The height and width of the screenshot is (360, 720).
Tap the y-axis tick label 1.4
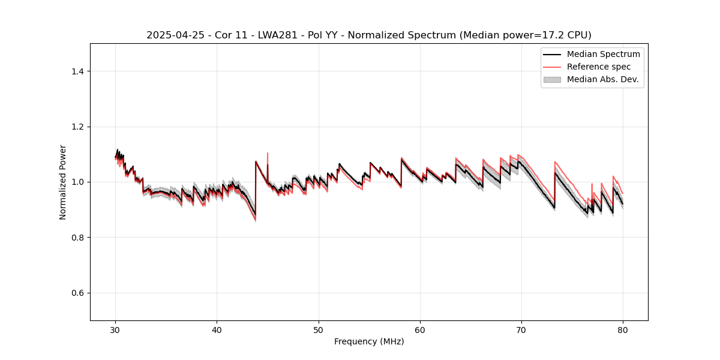[x=77, y=71]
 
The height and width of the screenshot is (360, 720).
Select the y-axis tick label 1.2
[x=77, y=127]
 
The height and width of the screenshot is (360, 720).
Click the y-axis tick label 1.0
[x=77, y=182]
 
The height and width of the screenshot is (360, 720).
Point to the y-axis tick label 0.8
[x=77, y=238]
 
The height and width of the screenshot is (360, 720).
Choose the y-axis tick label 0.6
[x=77, y=293]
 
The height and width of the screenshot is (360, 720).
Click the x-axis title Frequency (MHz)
[x=369, y=341]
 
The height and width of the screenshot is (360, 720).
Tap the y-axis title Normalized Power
[x=62, y=182]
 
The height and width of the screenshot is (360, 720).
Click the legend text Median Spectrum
[x=603, y=54]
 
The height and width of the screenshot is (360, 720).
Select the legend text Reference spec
[x=599, y=67]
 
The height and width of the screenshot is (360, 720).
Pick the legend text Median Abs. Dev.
[x=602, y=79]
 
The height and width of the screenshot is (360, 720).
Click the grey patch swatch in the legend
[x=552, y=79]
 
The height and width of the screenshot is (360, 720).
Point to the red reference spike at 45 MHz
[x=268, y=155]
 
